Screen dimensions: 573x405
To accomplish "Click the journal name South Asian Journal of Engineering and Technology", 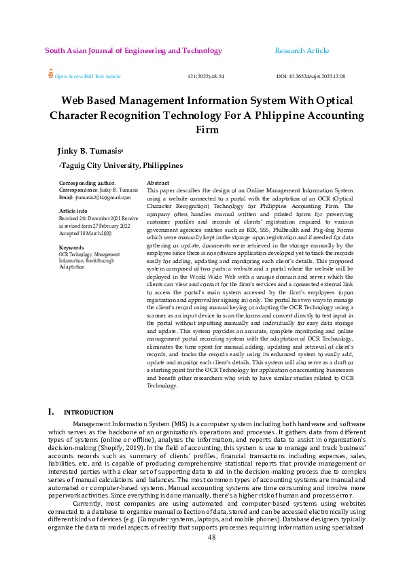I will coord(133,51).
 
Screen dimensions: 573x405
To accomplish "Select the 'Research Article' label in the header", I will coord(302,51).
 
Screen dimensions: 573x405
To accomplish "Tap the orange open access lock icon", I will coord(50,75).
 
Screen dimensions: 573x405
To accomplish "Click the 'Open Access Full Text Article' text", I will coord(88,77).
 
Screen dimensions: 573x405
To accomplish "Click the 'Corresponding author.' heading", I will coord(87,184).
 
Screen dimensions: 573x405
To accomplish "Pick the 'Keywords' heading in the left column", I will coord(71,247).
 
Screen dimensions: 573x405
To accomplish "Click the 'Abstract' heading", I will coord(158,184).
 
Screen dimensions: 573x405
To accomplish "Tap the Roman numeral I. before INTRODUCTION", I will coord(50,412).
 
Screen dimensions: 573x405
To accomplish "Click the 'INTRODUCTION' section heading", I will coord(88,413).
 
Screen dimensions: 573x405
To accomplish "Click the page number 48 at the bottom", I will coord(211,555).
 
